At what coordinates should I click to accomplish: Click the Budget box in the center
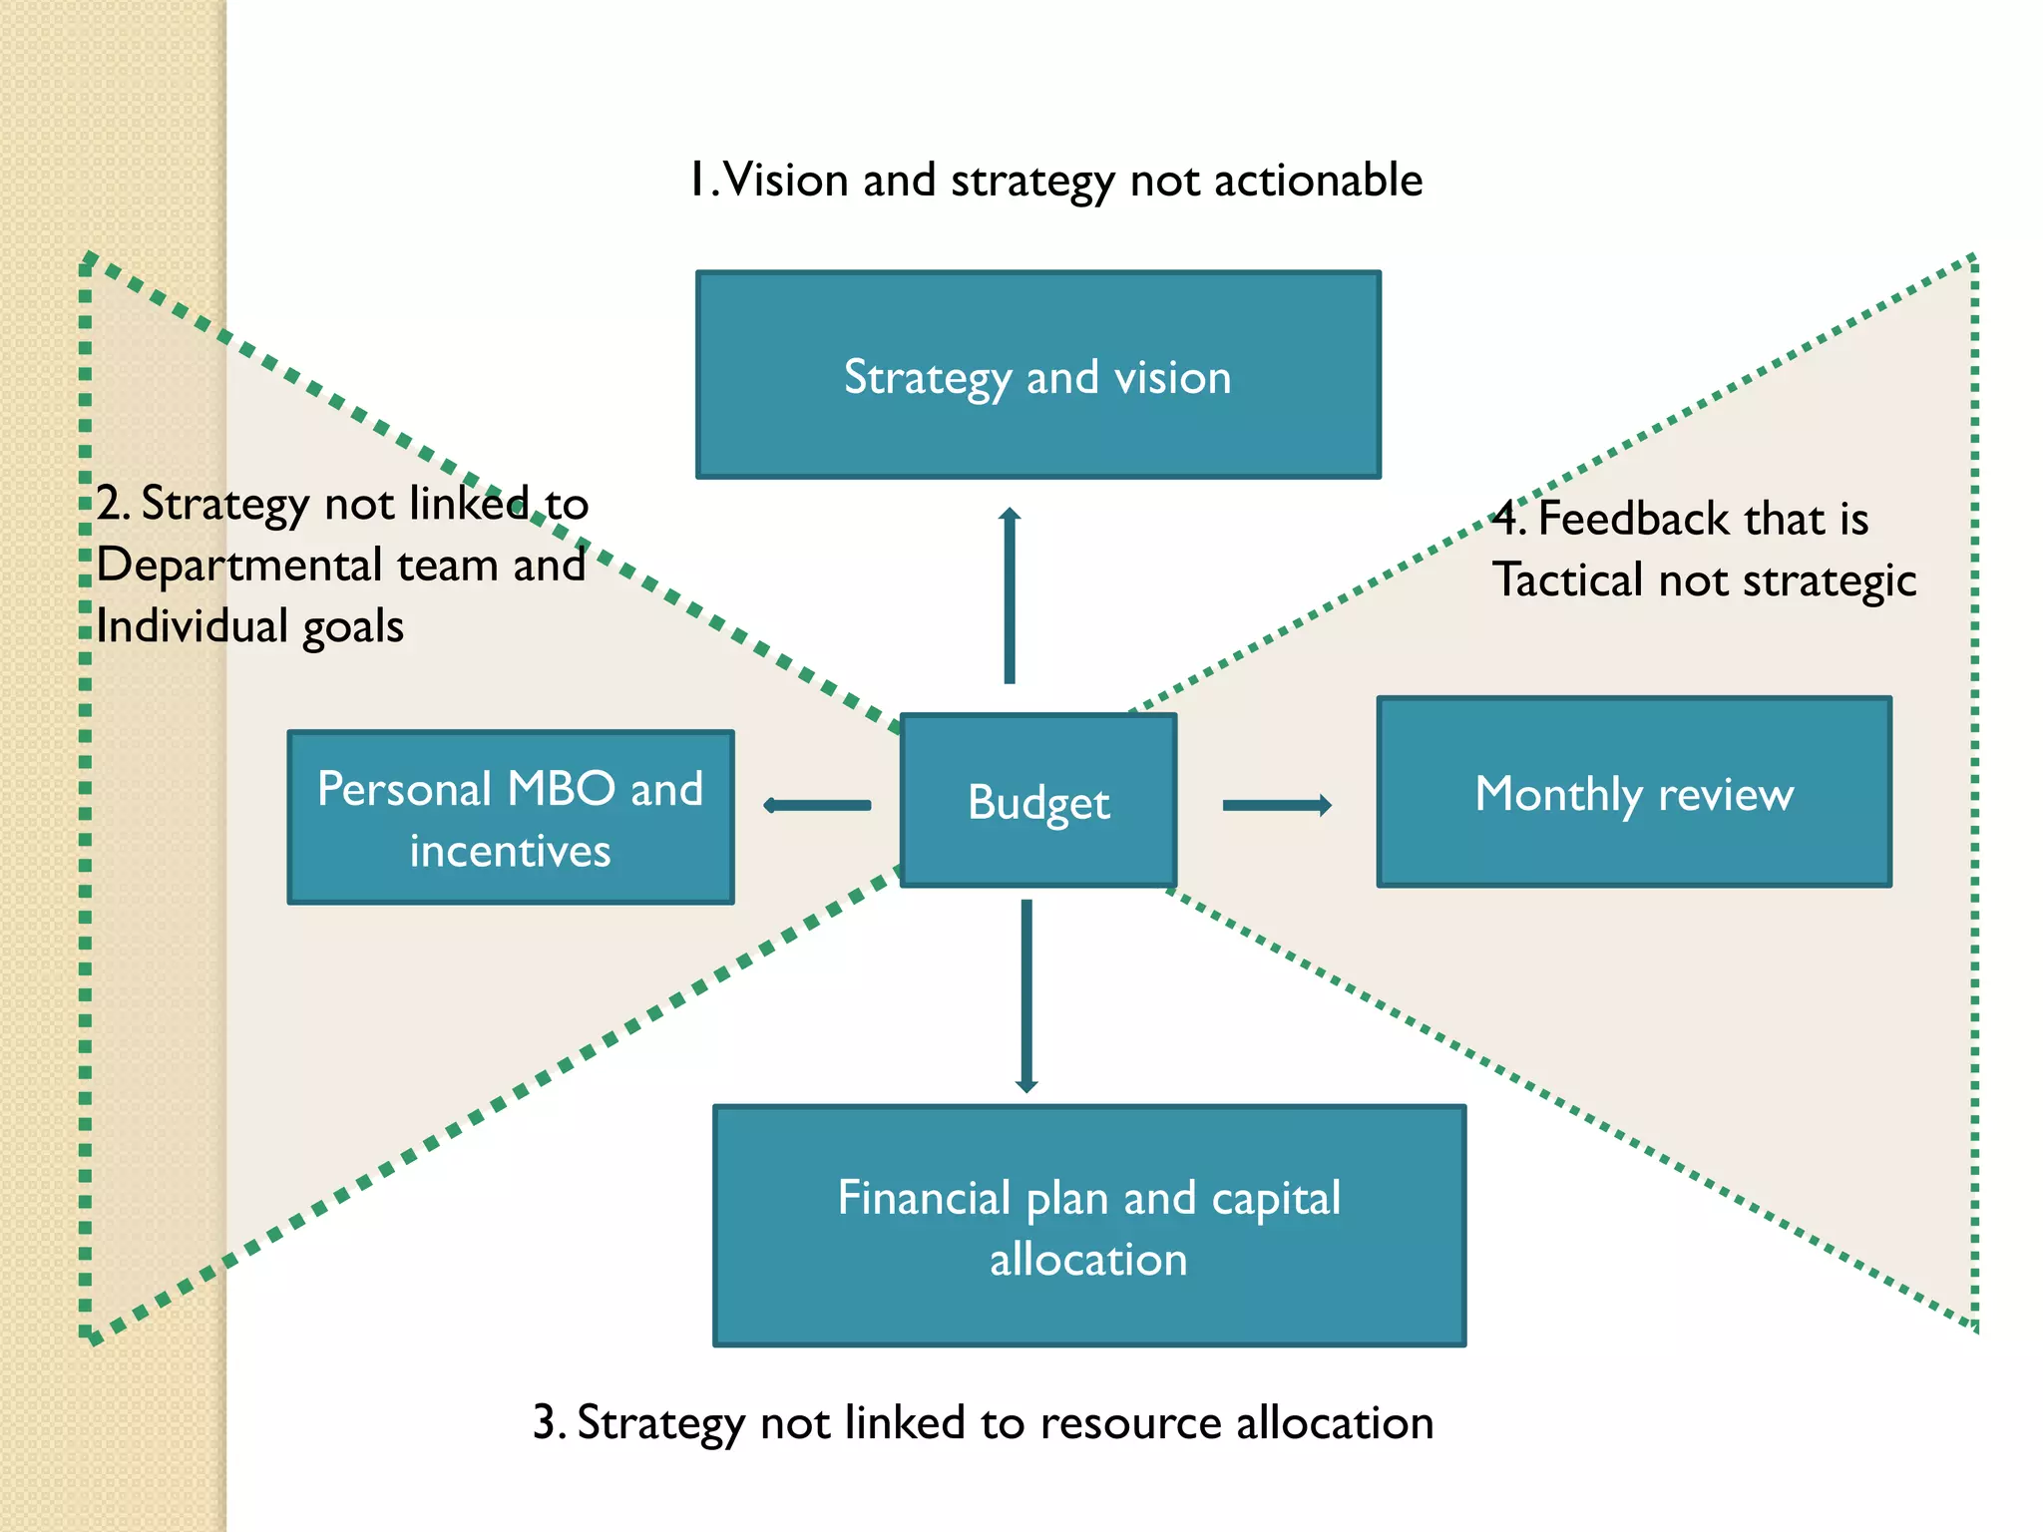(x=1038, y=801)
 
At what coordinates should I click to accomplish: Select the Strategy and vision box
(x=1037, y=374)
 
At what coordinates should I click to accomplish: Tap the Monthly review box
(x=1634, y=792)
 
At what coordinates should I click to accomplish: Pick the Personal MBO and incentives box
(x=511, y=818)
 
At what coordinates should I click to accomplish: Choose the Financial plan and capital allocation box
(x=1089, y=1226)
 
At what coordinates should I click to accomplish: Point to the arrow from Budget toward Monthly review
(x=1277, y=805)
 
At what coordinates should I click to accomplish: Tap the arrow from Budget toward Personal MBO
(x=817, y=805)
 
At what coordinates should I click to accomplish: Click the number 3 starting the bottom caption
(x=545, y=1423)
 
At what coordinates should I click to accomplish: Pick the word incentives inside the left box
(x=510, y=852)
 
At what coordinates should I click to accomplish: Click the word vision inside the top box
(x=1172, y=378)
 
